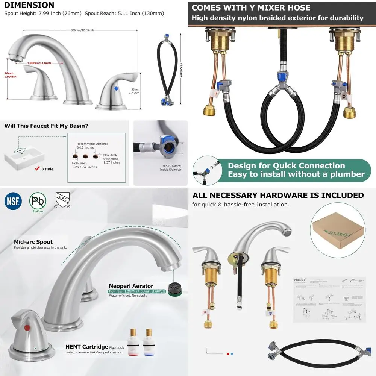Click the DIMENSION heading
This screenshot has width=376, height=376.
(x=29, y=5)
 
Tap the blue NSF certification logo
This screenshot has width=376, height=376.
(x=13, y=201)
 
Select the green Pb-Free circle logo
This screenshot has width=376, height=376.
(x=38, y=202)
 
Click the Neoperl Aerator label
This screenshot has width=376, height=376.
(x=131, y=286)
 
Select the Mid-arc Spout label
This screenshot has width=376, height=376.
(x=33, y=242)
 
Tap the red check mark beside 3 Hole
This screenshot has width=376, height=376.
(x=37, y=169)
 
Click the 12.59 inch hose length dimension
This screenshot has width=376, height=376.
(x=181, y=70)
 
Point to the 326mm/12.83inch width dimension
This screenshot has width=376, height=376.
(x=82, y=30)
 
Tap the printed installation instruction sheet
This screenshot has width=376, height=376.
(x=329, y=300)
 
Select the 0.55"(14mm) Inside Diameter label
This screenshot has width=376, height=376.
(x=172, y=167)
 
